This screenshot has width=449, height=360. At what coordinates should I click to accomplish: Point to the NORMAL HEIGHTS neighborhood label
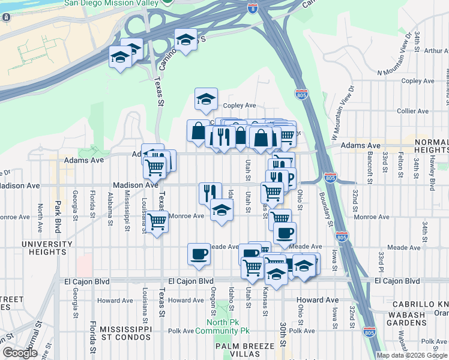tap(431, 145)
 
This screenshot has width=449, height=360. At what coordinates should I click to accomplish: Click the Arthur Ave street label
tap(433, 51)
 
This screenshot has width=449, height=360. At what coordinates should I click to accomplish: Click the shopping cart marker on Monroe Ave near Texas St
tap(157, 221)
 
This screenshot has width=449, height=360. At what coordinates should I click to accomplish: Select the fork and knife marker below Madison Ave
tap(210, 193)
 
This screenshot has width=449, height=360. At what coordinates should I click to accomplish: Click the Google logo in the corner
tap(20, 353)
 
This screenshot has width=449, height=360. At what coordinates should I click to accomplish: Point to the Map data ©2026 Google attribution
tap(412, 355)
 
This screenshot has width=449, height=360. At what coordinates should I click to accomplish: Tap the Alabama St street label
tap(110, 213)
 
